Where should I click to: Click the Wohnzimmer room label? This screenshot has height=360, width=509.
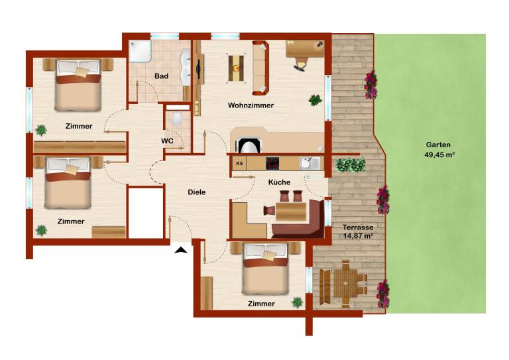coord(251,105)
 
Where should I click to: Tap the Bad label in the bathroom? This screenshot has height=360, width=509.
coord(161,76)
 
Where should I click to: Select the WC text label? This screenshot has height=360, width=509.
coord(167,141)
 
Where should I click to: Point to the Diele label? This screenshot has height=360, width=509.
coord(197,192)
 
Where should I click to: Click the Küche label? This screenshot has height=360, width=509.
coord(279,182)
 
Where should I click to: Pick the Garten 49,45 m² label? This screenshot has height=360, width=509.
coord(439,150)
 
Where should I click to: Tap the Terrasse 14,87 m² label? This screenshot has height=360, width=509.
coord(358,231)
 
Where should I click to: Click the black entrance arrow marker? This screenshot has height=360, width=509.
coord(181,250)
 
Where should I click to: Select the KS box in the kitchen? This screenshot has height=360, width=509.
coord(239,163)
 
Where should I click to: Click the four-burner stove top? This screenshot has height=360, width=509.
coord(272,163)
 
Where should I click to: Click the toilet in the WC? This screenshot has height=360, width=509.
coord(177,119)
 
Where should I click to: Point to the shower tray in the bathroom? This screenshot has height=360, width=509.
coord(141,51)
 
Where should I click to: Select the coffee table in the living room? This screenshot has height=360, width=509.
coord(236,68)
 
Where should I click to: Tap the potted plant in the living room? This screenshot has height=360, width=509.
coord(315,100)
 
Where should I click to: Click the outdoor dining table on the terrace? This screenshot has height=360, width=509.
coord(345,284)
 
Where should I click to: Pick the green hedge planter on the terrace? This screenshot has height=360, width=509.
coord(351,165)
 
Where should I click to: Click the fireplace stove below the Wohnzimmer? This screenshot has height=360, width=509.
coord(249,145)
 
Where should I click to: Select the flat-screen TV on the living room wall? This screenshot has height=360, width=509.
coord(198,69)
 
